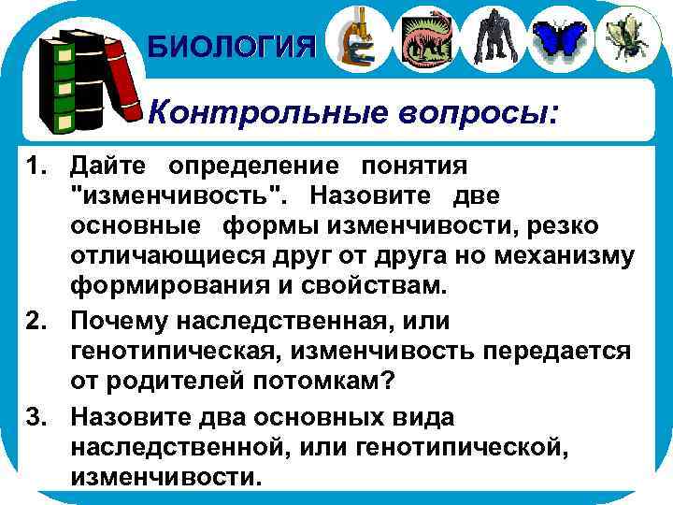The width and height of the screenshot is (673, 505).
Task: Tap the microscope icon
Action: click(356, 38)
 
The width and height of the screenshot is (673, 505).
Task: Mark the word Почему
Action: click(123, 322)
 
